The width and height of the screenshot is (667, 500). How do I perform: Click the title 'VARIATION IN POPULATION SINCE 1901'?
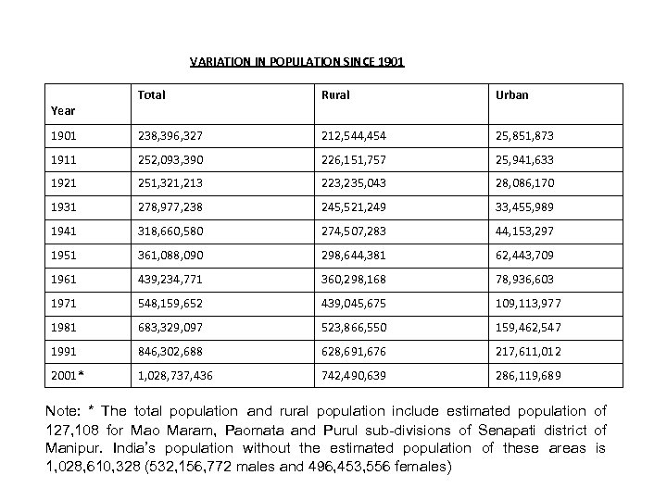pyautogui.click(x=296, y=63)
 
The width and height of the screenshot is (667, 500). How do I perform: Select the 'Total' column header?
pyautogui.click(x=151, y=94)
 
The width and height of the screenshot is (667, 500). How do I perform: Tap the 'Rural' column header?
pyautogui.click(x=335, y=94)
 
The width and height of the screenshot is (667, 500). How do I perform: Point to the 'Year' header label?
pyautogui.click(x=63, y=110)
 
